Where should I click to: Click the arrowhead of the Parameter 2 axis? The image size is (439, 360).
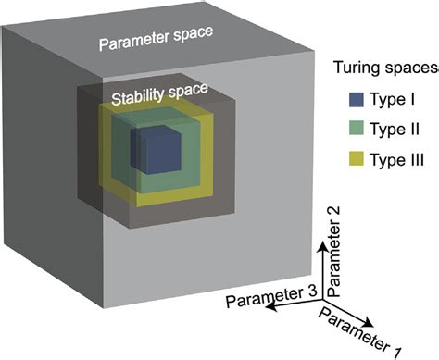coord(320,238)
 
